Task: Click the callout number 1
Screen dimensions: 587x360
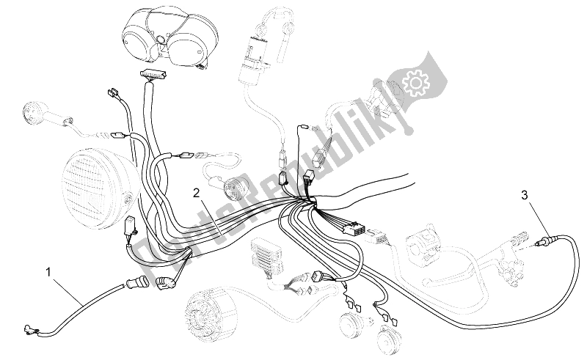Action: pyautogui.click(x=48, y=272)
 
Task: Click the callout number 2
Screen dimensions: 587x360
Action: pyautogui.click(x=197, y=193)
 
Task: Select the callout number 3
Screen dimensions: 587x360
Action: pyautogui.click(x=525, y=195)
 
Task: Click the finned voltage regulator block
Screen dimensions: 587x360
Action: pyautogui.click(x=267, y=258)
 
